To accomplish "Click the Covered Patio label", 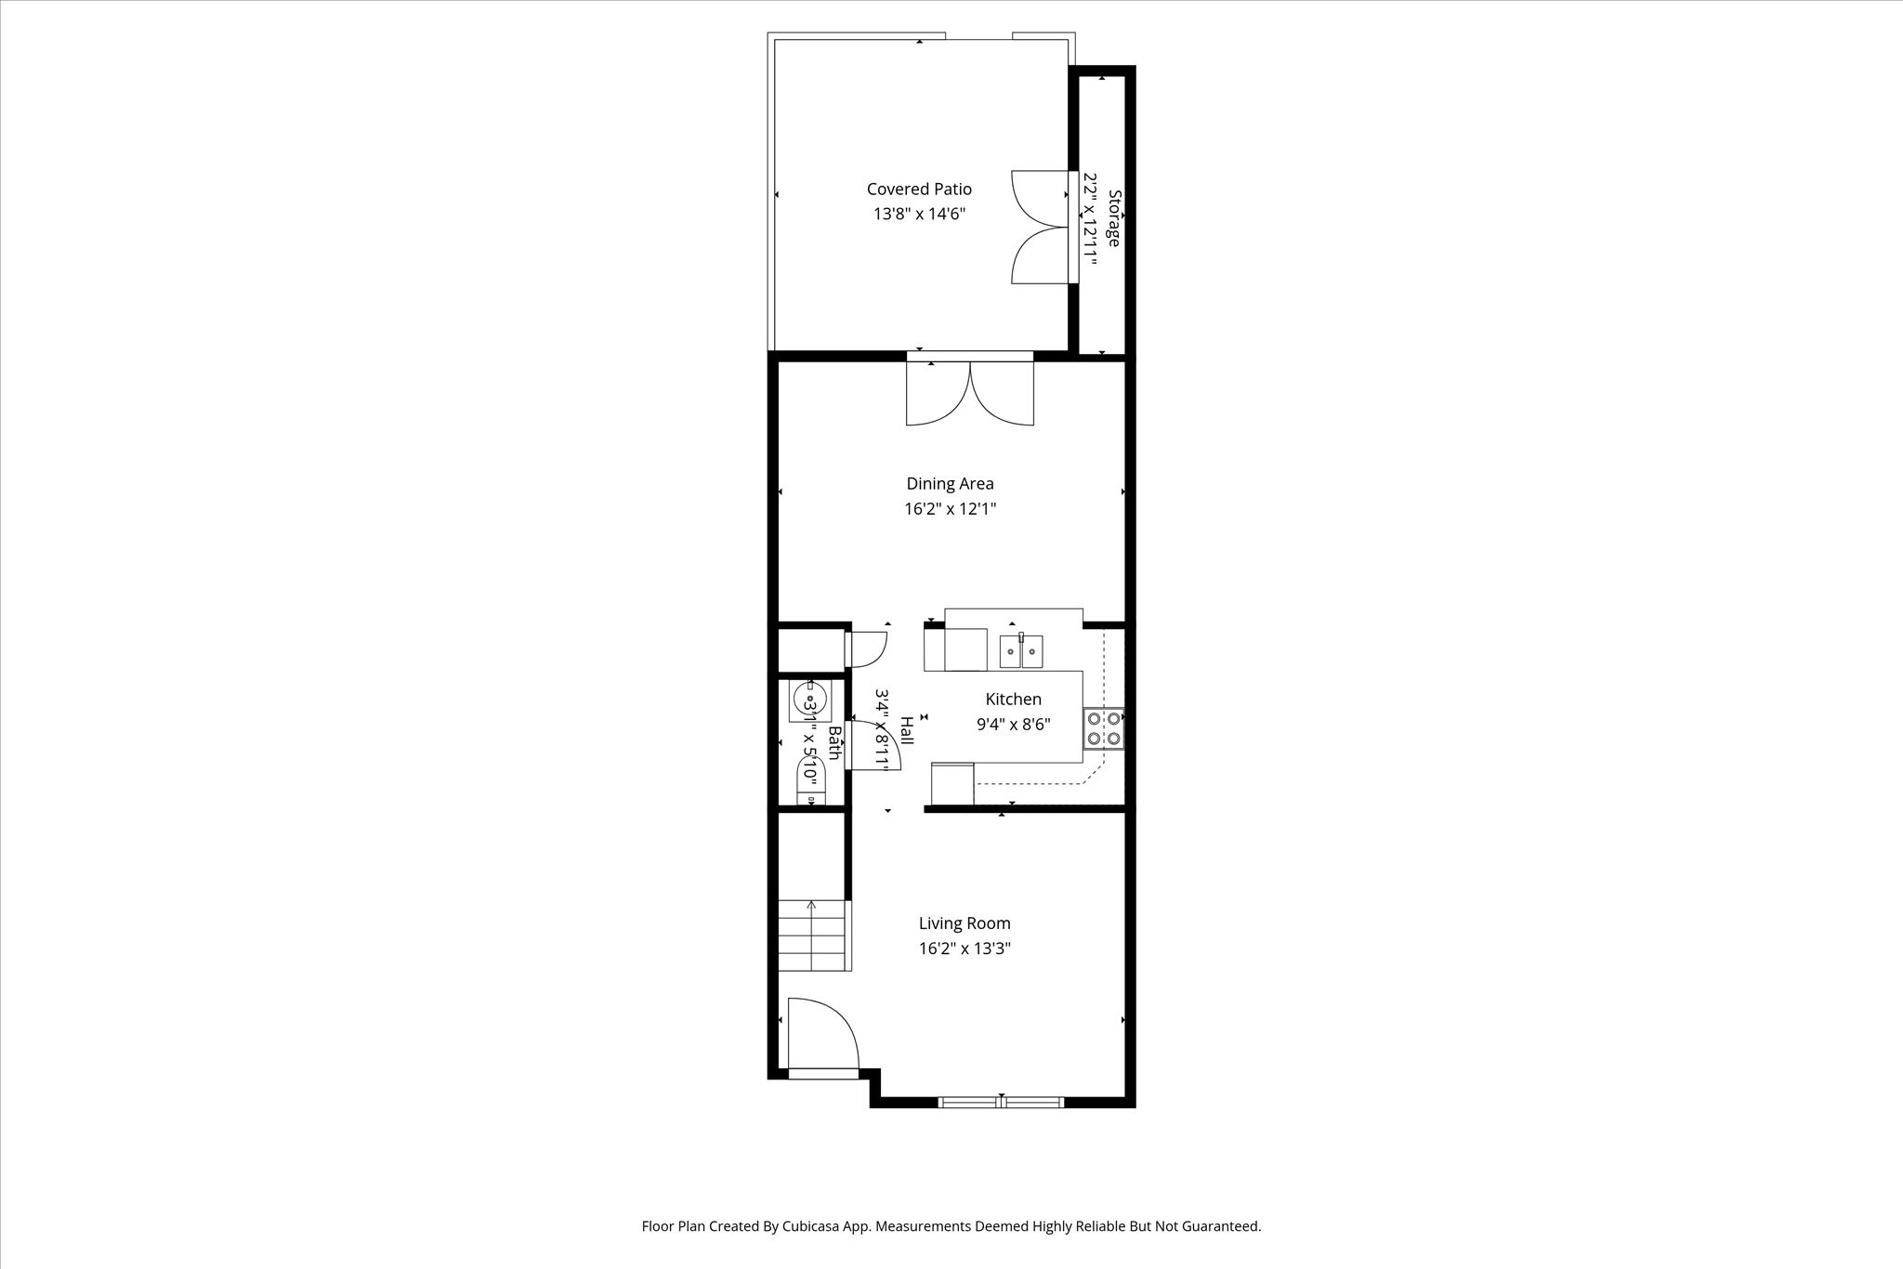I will (x=919, y=190).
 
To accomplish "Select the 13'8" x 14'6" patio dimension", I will (x=919, y=215).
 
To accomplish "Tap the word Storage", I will (x=1114, y=218).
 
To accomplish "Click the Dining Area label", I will (x=950, y=484).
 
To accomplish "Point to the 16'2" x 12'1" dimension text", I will (x=950, y=509).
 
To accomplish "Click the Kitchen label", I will (x=1013, y=700).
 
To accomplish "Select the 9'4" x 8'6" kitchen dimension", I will (x=1013, y=725).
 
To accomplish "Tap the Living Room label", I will (x=965, y=923).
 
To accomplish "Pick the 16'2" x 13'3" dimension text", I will (x=965, y=948).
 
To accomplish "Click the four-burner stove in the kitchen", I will (x=1104, y=728).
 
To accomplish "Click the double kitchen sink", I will (x=1021, y=651).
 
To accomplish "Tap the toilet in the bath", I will (x=810, y=778).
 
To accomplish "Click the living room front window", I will (x=1001, y=1103).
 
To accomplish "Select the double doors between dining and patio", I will (x=970, y=393).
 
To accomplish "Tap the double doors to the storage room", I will (x=1040, y=228).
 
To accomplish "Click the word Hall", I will (x=906, y=729).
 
